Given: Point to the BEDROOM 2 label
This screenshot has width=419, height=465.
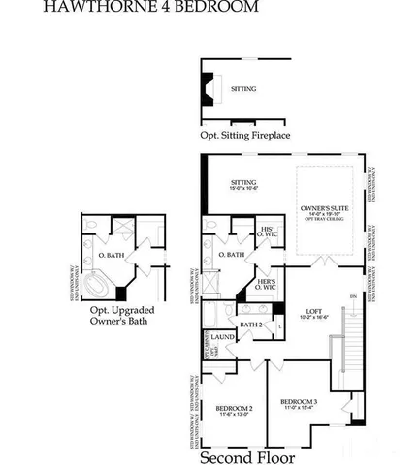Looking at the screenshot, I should tap(234, 408).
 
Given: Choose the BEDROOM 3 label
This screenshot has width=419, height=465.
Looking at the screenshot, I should tap(299, 401).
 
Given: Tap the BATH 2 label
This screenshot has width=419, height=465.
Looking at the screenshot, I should tap(252, 325).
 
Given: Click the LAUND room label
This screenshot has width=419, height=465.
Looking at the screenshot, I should tap(221, 338).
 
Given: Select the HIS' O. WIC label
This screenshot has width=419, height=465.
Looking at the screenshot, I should tap(267, 232).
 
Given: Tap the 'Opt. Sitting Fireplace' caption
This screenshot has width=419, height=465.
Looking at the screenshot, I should tap(245, 136).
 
